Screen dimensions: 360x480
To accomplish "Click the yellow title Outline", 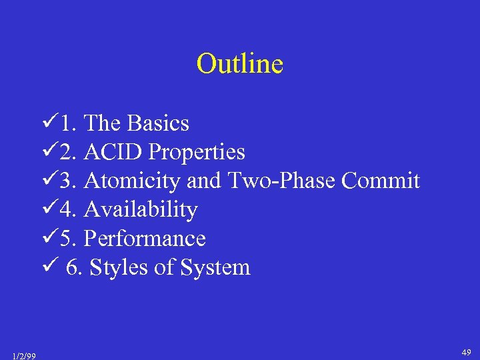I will point(240,64).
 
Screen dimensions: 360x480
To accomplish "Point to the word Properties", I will point(197,153).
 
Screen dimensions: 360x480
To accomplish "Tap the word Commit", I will point(381,181).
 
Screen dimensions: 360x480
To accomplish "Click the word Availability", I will point(141,210).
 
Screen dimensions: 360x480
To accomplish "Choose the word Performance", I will point(145,239).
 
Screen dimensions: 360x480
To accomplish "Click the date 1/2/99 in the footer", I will point(24,355).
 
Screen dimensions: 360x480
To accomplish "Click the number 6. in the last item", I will point(75,267).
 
